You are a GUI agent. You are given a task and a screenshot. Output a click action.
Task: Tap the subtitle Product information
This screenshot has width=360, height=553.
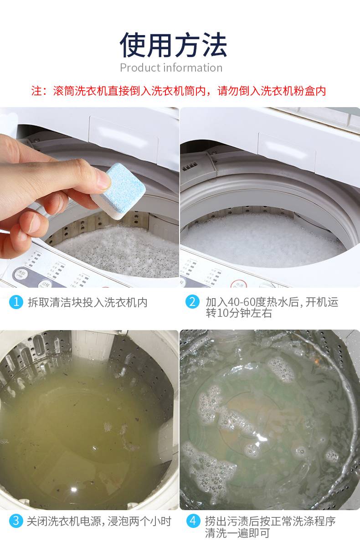pyautogui.click(x=171, y=67)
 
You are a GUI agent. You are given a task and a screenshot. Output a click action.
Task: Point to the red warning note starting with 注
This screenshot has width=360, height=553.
pyautogui.click(x=178, y=91)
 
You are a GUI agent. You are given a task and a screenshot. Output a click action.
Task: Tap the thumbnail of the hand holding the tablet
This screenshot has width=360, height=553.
pyautogui.click(x=89, y=197)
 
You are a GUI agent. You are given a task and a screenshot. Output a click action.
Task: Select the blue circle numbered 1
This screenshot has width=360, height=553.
pyautogui.click(x=16, y=302)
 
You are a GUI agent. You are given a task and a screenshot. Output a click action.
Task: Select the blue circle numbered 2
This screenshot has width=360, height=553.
pyautogui.click(x=192, y=302)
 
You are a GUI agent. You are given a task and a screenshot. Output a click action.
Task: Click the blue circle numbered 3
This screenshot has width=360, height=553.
pyautogui.click(x=16, y=521)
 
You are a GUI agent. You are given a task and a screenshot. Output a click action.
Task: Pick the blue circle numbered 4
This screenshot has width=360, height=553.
pyautogui.click(x=193, y=521)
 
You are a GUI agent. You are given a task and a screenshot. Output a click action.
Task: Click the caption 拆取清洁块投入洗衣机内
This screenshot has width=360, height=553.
pyautogui.click(x=87, y=302)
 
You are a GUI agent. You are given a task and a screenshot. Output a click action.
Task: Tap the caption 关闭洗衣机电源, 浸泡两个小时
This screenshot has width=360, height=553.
pyautogui.click(x=99, y=521)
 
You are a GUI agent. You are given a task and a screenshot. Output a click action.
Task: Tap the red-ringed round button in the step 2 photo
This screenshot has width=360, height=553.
pyautogui.click(x=239, y=284)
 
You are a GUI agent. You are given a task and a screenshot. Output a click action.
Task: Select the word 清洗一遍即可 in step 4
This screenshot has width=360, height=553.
pyautogui.click(x=237, y=533)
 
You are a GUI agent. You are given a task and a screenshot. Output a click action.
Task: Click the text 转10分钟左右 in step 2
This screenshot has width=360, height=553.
pyautogui.click(x=239, y=313)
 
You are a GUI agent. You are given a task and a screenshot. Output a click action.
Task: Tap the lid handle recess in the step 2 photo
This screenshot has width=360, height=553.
pyautogui.click(x=287, y=148)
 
